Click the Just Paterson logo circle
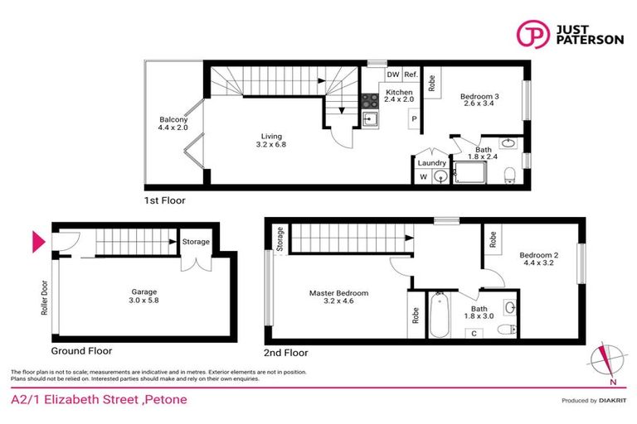point(531,34)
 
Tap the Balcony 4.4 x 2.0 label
point(174,123)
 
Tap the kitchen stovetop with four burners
point(369,101)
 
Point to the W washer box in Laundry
point(423,176)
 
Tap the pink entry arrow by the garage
point(37,243)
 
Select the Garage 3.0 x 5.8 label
point(144,296)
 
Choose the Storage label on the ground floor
point(196,242)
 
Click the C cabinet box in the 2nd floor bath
point(473,334)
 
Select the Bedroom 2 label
point(538,259)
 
